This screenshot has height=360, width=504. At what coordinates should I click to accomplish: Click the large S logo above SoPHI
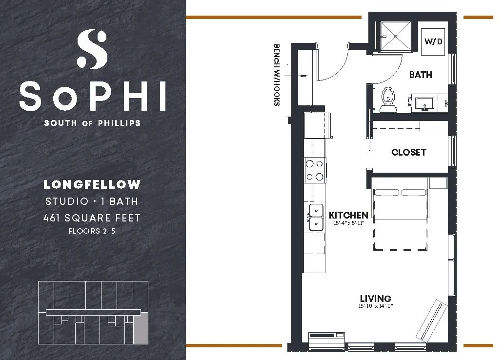pyautogui.click(x=92, y=49)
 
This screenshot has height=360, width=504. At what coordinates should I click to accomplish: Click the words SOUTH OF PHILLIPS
pyautogui.click(x=92, y=123)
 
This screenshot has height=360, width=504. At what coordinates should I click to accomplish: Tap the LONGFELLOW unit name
pyautogui.click(x=92, y=184)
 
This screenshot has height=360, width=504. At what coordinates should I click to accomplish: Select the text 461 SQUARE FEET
pyautogui.click(x=92, y=218)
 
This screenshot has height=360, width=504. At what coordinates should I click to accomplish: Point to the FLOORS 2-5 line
pyautogui.click(x=92, y=231)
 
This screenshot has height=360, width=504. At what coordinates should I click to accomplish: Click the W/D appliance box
pyautogui.click(x=433, y=42)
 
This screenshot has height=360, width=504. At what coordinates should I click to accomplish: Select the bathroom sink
pyautogui.click(x=425, y=103)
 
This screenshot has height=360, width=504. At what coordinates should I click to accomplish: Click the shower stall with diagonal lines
pyautogui.click(x=396, y=36)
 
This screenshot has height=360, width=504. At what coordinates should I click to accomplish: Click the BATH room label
pyautogui.click(x=421, y=75)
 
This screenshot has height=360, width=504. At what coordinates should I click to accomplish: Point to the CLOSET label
pyautogui.click(x=409, y=152)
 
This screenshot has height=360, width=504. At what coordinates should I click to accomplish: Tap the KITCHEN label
pyautogui.click(x=348, y=215)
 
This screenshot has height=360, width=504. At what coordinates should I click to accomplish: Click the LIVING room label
pyautogui.click(x=375, y=299)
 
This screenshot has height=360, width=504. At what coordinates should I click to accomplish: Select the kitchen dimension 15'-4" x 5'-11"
pyautogui.click(x=349, y=223)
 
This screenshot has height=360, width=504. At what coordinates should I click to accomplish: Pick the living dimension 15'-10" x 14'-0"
pyautogui.click(x=376, y=306)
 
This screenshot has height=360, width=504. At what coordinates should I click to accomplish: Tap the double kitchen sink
pyautogui.click(x=316, y=217)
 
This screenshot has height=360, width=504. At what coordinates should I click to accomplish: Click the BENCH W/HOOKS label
pyautogui.click(x=277, y=75)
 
